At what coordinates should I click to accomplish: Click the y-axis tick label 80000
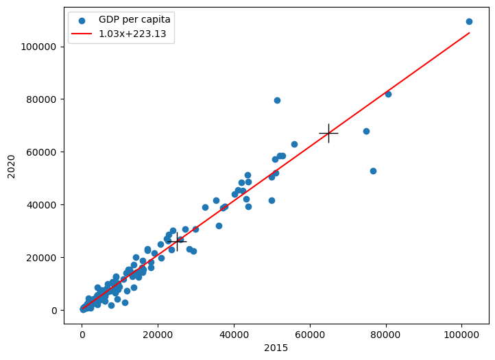click(x=45, y=99)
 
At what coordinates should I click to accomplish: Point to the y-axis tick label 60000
click(x=45, y=152)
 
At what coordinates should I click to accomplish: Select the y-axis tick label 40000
click(x=45, y=205)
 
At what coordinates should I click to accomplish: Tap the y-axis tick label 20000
click(x=45, y=258)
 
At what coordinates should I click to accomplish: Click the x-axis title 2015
click(x=276, y=348)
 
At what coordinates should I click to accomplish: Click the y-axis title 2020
click(x=12, y=166)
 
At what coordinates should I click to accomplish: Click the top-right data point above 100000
click(x=469, y=21)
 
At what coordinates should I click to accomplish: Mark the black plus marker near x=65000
click(x=328, y=133)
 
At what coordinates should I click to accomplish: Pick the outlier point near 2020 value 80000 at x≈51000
click(x=277, y=100)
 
